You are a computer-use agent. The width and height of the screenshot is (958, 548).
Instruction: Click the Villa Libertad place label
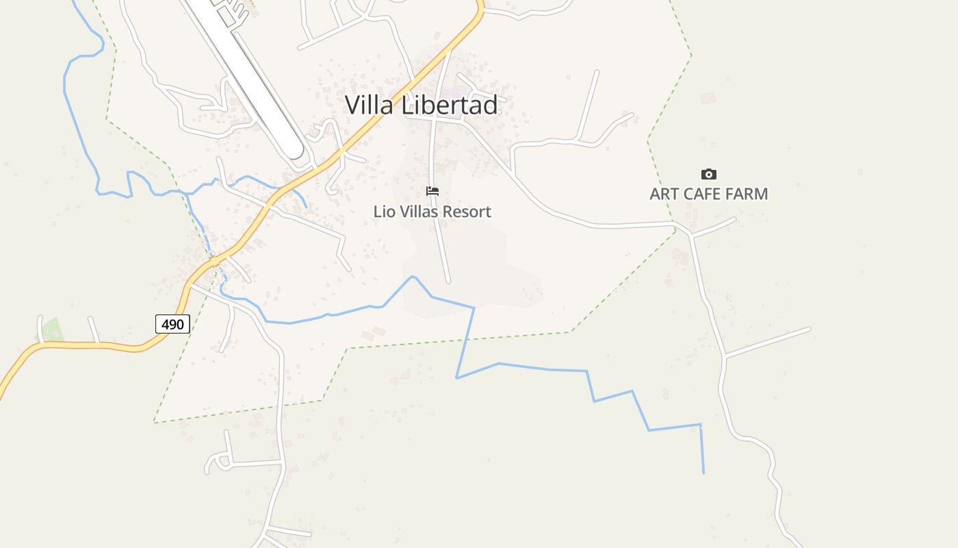point(421,105)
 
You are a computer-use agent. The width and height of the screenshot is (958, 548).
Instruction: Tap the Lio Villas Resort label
point(432,212)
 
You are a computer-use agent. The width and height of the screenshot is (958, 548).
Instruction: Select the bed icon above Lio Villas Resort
point(432,191)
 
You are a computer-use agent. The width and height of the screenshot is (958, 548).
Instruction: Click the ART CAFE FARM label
point(708,194)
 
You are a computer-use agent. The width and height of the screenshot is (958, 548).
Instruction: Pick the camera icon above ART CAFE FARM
point(709,175)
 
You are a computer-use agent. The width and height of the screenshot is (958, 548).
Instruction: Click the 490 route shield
point(172,324)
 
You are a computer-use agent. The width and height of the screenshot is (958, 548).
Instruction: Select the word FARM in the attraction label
point(747,194)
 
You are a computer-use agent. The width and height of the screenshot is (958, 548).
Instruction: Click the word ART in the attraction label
point(664,194)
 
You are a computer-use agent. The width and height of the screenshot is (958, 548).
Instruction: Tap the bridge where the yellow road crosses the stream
point(214,261)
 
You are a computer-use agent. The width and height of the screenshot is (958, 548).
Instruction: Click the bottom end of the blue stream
point(703,473)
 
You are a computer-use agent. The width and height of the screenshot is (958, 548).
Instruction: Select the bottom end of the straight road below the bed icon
point(448,281)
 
